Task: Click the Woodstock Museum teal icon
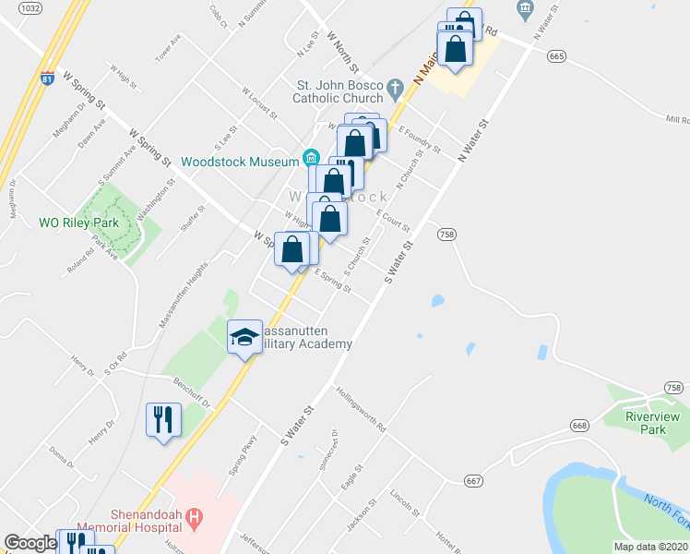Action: [x=311, y=155]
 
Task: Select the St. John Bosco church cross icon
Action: [x=396, y=90]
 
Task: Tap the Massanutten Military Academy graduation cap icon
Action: [x=244, y=336]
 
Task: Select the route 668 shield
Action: [x=579, y=426]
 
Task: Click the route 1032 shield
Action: [x=30, y=8]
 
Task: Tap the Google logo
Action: [x=30, y=543]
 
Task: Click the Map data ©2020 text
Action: [x=650, y=547]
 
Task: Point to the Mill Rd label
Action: [x=678, y=119]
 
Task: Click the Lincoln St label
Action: [x=405, y=502]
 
